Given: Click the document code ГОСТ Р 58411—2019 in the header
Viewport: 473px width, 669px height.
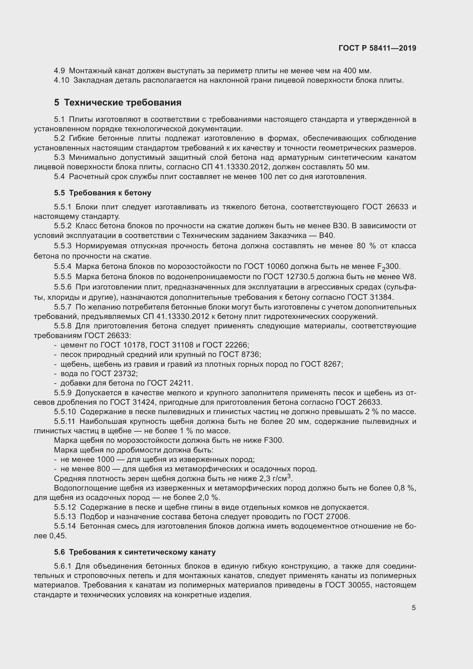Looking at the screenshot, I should point(377,48).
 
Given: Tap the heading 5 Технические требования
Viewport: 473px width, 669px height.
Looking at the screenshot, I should point(118,103).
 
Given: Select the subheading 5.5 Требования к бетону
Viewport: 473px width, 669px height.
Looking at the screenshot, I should point(103,193).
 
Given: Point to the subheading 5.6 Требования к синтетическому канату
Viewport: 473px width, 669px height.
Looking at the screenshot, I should point(135,552).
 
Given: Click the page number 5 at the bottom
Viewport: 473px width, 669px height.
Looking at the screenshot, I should point(414,608).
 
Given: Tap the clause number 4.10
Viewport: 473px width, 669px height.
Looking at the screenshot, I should point(61,80).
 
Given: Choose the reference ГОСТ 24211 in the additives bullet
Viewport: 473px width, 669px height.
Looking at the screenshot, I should point(170,383).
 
